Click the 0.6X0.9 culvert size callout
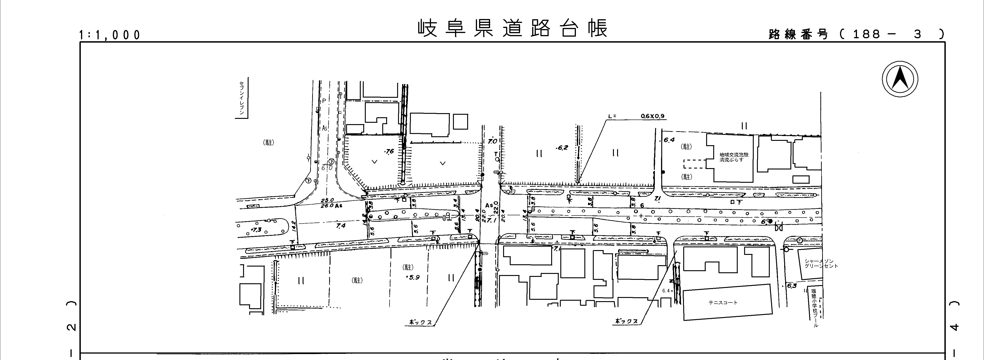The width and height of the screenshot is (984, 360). coord(655,116)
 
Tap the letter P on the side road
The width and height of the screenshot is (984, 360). coord(324,101)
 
